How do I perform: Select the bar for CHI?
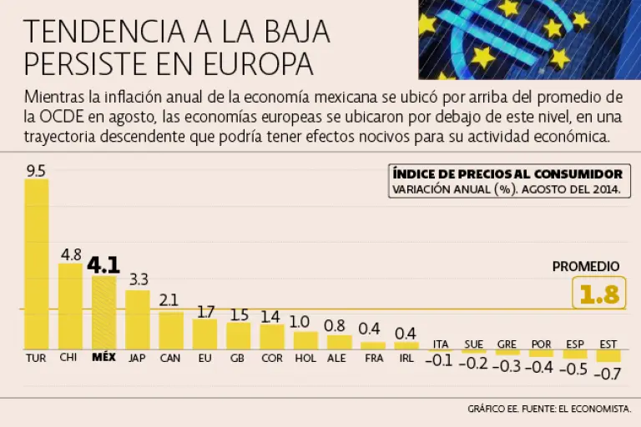70,306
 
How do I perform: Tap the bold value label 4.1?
103,265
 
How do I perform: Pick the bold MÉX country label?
103,358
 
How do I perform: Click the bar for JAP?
138,319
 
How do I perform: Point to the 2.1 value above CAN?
169,300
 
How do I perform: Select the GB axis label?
237,358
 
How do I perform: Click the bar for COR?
271,336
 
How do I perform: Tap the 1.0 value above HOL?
300,321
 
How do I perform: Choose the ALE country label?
336,358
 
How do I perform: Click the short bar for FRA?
372,344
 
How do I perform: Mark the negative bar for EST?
608,355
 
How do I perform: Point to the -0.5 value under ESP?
574,369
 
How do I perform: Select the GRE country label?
507,344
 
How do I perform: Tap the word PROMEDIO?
586,267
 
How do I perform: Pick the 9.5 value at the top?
36,171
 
